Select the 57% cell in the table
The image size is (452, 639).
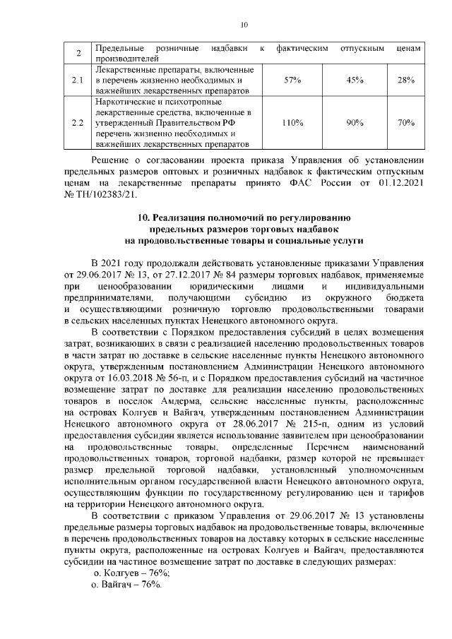[x=292, y=81]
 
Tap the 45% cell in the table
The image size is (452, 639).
[x=355, y=81]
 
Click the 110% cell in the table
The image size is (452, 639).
[x=292, y=123]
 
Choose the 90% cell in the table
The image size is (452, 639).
[x=355, y=123]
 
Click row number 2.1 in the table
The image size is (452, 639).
[x=78, y=81]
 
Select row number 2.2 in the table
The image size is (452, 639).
[x=78, y=123]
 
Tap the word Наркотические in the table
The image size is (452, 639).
[x=123, y=102]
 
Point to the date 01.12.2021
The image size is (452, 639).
[x=396, y=181]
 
